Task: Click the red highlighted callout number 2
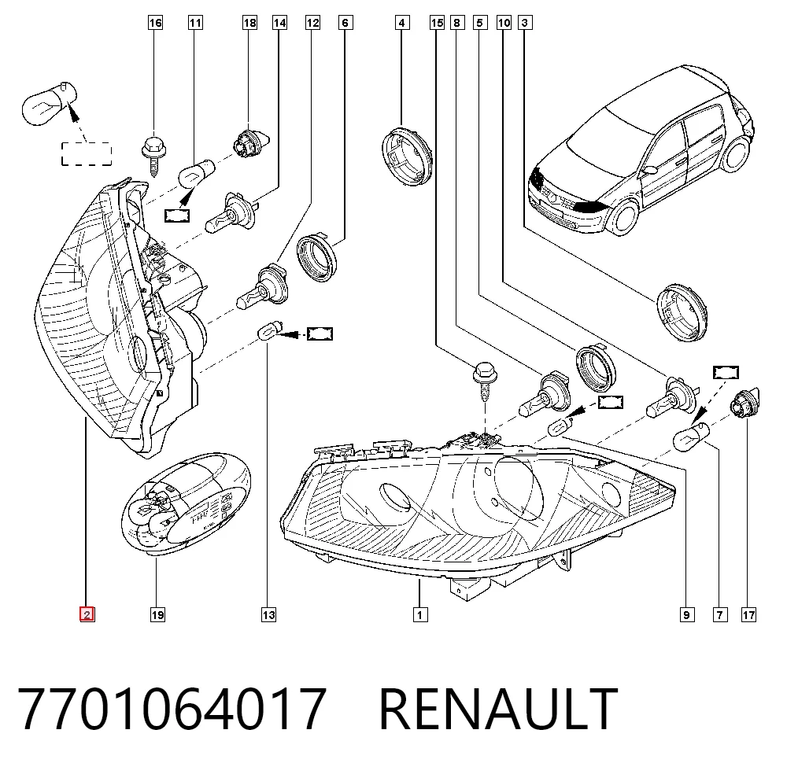point(87,614)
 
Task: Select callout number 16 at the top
point(155,23)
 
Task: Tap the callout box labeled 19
point(157,614)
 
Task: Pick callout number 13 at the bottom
point(268,614)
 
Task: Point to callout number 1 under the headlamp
point(420,614)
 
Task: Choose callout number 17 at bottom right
point(748,614)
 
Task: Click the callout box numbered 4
point(401,23)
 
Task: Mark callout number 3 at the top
point(524,23)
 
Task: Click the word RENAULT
point(498,709)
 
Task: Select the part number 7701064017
point(172,709)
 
